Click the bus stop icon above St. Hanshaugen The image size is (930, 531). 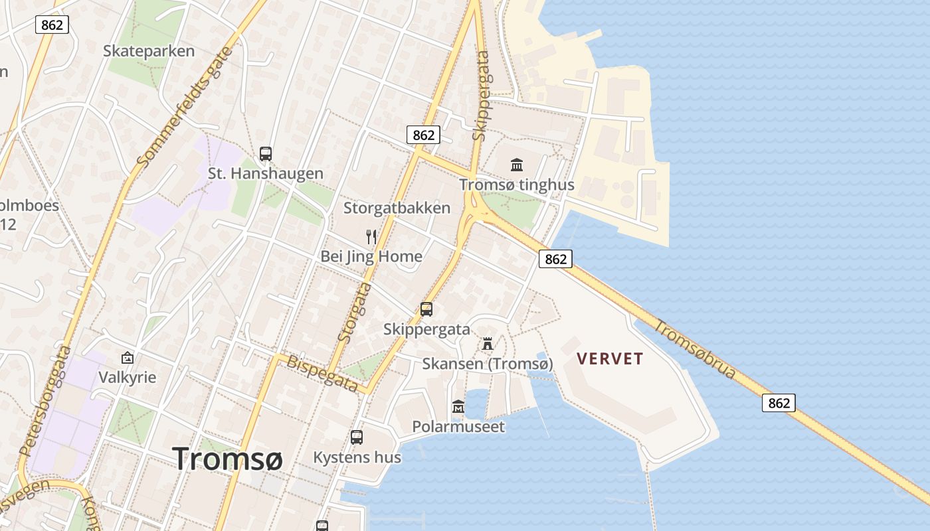(x=266, y=154)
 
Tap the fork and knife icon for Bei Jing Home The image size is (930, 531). (x=371, y=236)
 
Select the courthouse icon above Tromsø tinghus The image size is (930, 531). (x=517, y=165)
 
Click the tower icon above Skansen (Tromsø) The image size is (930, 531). (x=488, y=344)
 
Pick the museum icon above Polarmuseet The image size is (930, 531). (x=458, y=406)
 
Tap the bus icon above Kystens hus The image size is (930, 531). (x=357, y=437)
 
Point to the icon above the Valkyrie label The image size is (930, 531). (x=128, y=358)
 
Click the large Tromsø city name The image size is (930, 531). (x=228, y=459)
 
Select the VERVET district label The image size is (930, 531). (x=610, y=359)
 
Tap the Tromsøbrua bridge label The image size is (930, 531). (x=696, y=350)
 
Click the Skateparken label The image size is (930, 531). (x=149, y=51)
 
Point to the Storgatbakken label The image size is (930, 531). (x=397, y=208)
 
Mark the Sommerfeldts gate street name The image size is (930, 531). (x=186, y=106)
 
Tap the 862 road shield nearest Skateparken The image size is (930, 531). (x=52, y=25)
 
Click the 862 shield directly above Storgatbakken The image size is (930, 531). (x=423, y=135)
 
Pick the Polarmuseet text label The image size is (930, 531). (x=458, y=426)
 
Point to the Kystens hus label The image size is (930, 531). (x=357, y=457)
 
